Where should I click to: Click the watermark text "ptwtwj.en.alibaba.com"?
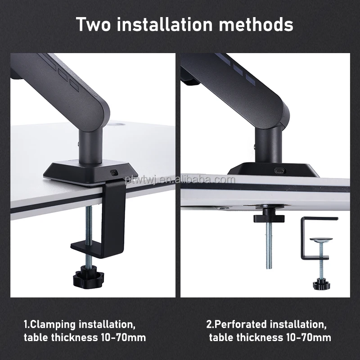(180, 180)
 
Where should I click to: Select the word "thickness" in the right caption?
(255, 337)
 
